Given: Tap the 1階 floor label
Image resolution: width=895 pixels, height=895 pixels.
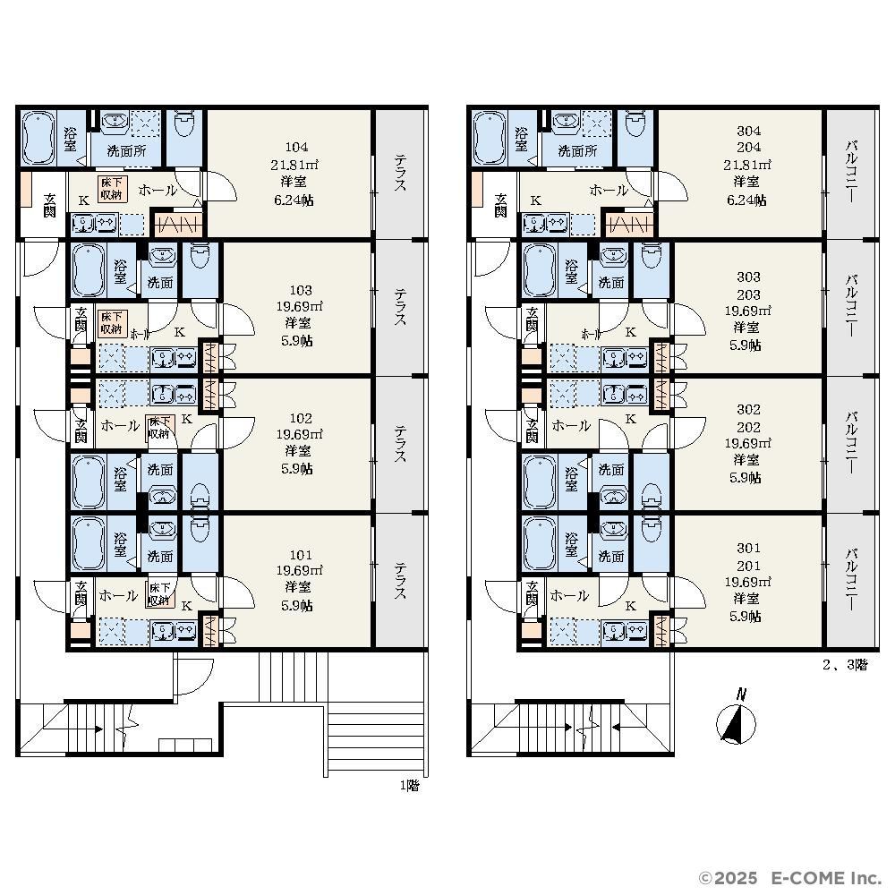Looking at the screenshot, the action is click(x=409, y=786).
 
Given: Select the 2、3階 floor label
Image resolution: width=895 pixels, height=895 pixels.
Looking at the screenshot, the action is click(x=845, y=664).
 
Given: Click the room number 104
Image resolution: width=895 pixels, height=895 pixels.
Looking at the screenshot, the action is click(x=296, y=148).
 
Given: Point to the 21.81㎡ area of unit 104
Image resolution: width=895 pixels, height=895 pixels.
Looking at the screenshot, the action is click(x=294, y=165).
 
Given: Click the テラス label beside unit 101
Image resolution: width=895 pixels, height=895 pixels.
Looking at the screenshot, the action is click(x=400, y=581).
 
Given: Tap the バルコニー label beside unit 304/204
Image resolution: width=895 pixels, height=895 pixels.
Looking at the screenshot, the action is click(x=851, y=170).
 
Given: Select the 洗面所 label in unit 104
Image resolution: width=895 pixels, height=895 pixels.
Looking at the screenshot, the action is click(x=126, y=151).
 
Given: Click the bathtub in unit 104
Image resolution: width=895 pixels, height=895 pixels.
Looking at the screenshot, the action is click(x=38, y=139).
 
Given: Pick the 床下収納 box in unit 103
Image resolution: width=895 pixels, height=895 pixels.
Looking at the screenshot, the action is click(x=112, y=322).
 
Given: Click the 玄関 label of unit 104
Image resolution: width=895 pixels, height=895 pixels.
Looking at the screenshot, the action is click(x=49, y=206).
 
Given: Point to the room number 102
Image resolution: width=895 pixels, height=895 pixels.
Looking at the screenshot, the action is click(x=301, y=418).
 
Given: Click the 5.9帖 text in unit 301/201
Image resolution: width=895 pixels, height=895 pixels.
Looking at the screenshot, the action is click(x=745, y=617).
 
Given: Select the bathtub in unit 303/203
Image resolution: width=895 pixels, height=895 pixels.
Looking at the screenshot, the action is click(x=540, y=270).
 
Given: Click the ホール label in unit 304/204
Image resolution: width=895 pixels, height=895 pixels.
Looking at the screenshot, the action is click(x=609, y=190).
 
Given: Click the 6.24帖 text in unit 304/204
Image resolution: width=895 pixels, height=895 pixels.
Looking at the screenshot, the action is click(x=746, y=200).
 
